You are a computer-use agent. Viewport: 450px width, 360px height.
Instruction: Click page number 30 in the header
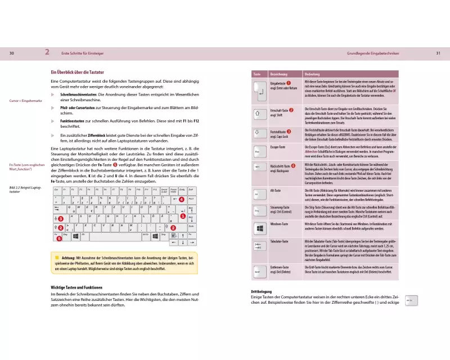[12, 53]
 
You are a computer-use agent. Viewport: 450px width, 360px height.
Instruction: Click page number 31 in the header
[438, 53]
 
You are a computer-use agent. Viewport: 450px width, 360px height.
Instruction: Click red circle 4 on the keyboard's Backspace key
[181, 199]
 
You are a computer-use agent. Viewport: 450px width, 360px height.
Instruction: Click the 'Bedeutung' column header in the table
[312, 74]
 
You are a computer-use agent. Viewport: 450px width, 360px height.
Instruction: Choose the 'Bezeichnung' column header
[279, 74]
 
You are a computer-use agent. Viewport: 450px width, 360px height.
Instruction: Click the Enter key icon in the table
[259, 88]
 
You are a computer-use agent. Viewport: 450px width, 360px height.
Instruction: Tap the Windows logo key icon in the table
[259, 229]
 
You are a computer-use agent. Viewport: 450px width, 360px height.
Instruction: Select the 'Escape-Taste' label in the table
[279, 147]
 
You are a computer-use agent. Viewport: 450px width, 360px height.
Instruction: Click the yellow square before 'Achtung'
[57, 257]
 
